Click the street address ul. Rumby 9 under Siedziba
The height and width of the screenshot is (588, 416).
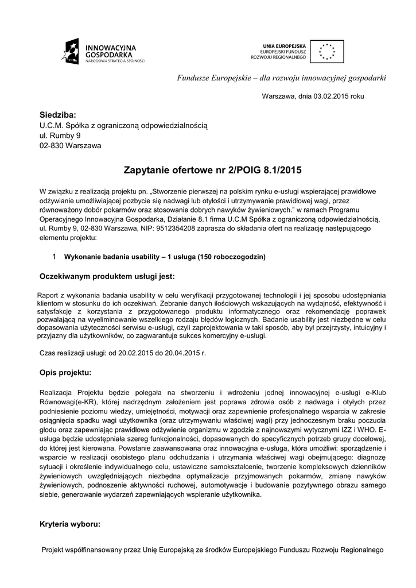pyautogui.click(x=60, y=135)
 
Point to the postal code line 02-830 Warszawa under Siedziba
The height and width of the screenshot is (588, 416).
pyautogui.click(x=70, y=145)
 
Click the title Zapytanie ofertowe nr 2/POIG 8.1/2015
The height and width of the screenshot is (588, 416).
pyautogui.click(x=212, y=171)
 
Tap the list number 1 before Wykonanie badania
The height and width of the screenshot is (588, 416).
pyautogui.click(x=54, y=256)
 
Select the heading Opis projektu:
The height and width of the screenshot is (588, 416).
pyautogui.click(x=65, y=373)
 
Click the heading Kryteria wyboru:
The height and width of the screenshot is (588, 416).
pyautogui.click(x=70, y=524)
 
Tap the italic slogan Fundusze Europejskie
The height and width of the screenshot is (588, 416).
pyautogui.click(x=212, y=78)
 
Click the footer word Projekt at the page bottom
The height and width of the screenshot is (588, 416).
pyautogui.click(x=55, y=550)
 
